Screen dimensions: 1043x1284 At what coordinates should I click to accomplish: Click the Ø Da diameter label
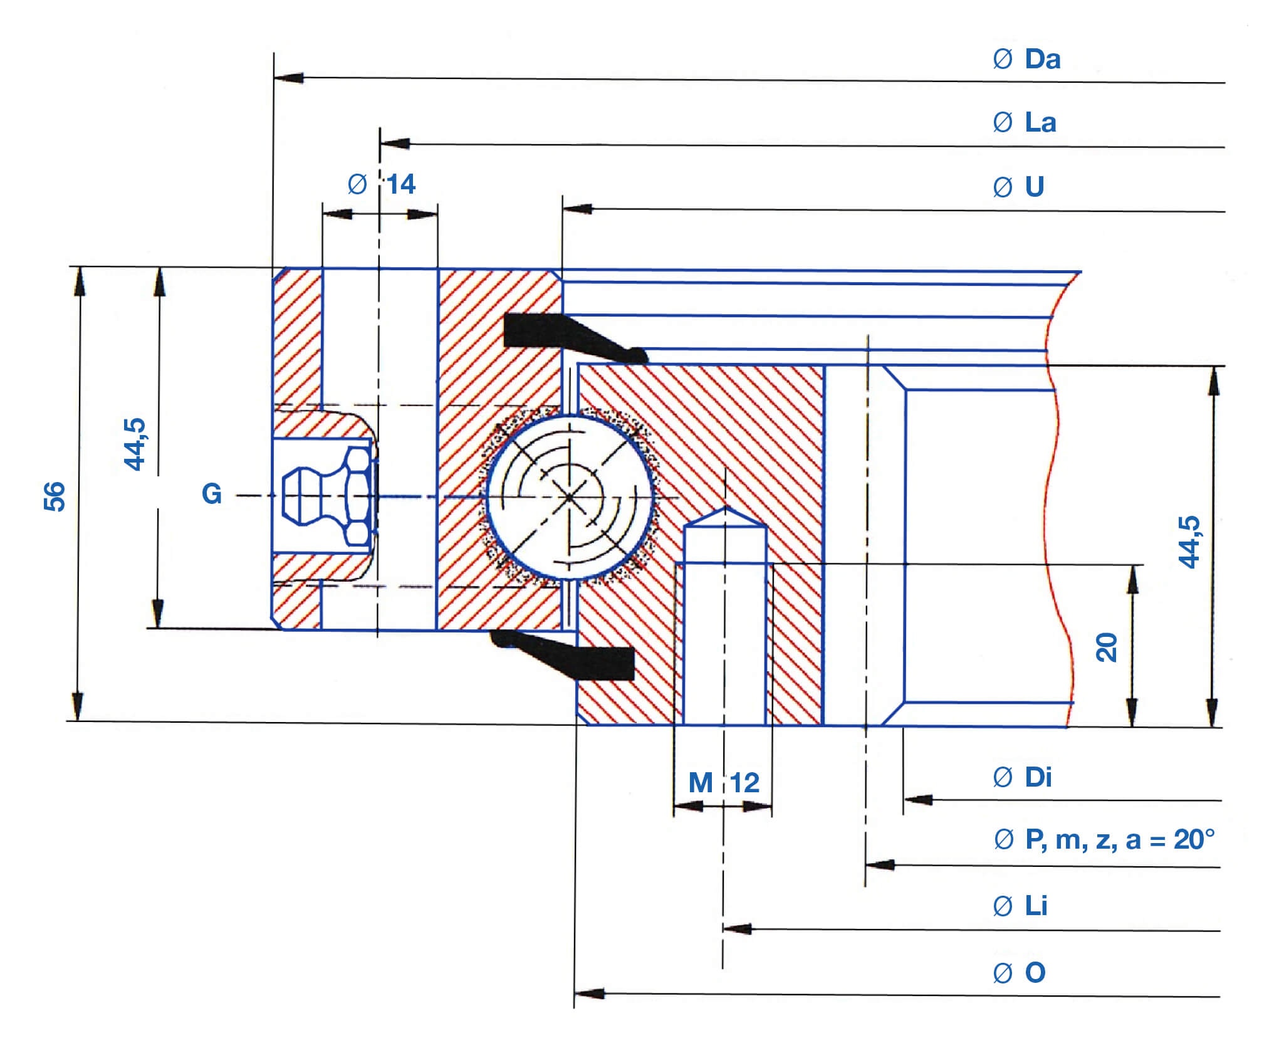pyautogui.click(x=1027, y=60)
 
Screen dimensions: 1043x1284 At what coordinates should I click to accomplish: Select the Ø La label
pyautogui.click(x=1025, y=122)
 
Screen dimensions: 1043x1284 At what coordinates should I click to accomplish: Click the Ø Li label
pyautogui.click(x=1020, y=906)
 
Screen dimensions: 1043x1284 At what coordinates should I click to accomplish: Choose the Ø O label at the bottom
pyautogui.click(x=1020, y=973)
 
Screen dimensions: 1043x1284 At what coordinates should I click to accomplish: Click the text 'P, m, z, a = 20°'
pyautogui.click(x=1119, y=839)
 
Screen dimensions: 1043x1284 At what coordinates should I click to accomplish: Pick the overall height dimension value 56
pyautogui.click(x=55, y=496)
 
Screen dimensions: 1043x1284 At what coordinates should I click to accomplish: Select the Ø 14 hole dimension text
pyautogui.click(x=382, y=184)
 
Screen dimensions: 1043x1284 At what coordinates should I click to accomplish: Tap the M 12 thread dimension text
pyautogui.click(x=724, y=782)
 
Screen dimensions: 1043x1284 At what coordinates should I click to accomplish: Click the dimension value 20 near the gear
pyautogui.click(x=1107, y=647)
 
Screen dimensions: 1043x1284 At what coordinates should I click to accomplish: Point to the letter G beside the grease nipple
pyautogui.click(x=212, y=494)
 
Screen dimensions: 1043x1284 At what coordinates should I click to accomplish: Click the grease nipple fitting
pyautogui.click(x=326, y=495)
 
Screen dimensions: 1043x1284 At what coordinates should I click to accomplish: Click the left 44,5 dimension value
pyautogui.click(x=135, y=444)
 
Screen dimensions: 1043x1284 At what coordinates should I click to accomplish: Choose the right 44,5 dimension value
pyautogui.click(x=1189, y=542)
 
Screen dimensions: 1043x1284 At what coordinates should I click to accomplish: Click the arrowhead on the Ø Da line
pyautogui.click(x=290, y=78)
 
